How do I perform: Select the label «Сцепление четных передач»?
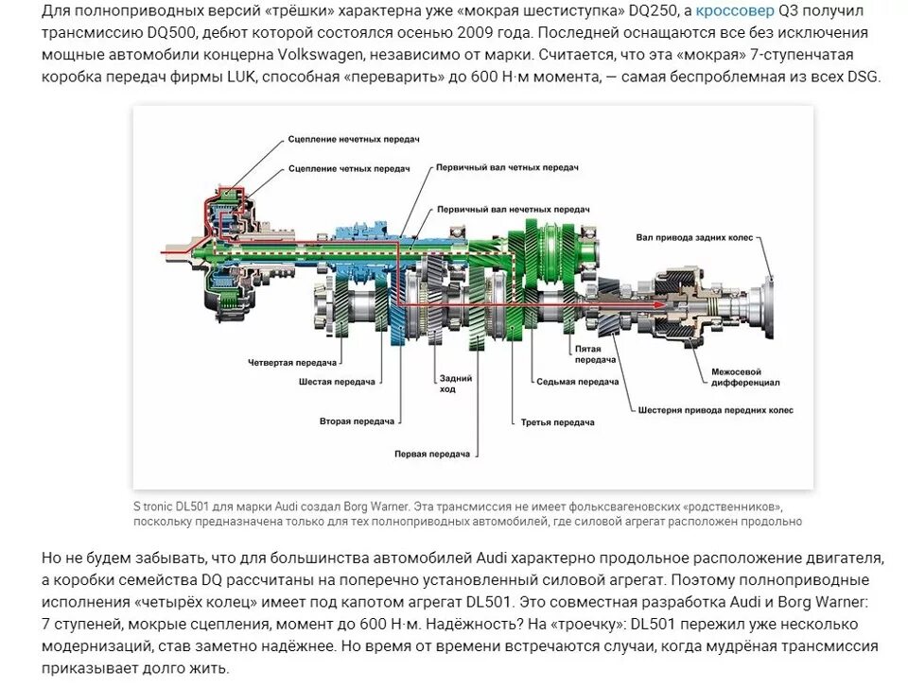point(348,167)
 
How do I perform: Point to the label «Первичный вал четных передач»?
point(507,166)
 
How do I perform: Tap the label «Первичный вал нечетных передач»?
point(513,208)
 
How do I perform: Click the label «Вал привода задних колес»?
point(694,237)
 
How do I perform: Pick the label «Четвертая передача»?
point(293,362)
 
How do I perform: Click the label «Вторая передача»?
point(356,421)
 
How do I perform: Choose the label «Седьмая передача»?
point(578,382)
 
